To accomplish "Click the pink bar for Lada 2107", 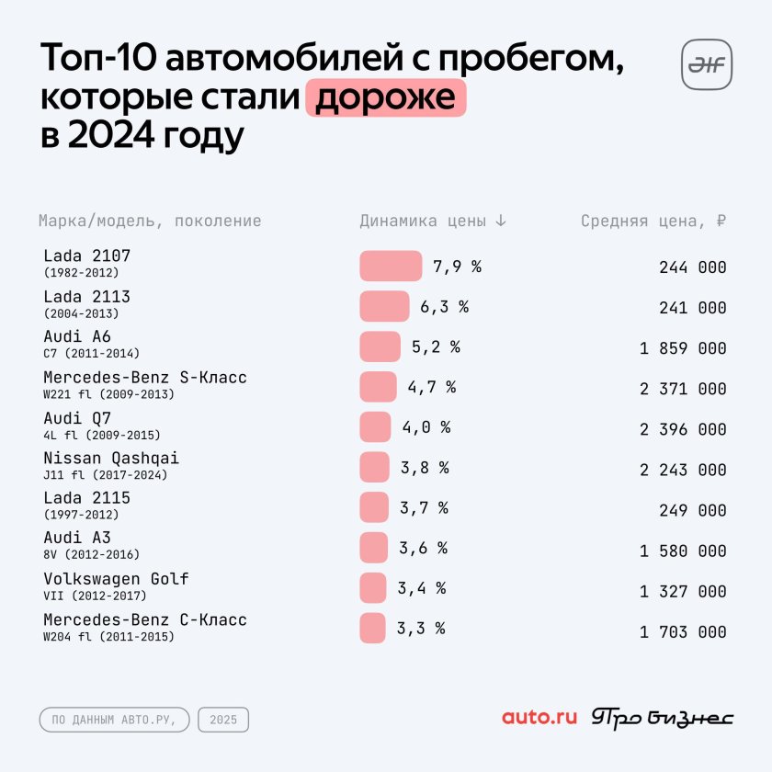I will point(391,267).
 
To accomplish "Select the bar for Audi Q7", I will point(375,427).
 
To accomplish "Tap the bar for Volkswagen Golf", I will point(373,588).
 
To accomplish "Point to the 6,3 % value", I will point(445,307).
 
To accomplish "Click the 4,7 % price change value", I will point(432,387).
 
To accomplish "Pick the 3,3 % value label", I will point(421,629).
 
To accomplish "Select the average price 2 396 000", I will point(683,429).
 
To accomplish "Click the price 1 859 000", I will point(683,348).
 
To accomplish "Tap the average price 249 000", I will point(692,510).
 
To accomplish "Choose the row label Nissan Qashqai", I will point(111,458).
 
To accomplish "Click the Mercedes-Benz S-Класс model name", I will point(145,378).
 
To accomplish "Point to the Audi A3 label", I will point(77,539).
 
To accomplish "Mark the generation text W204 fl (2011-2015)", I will point(108,637).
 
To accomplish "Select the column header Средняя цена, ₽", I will point(653,221).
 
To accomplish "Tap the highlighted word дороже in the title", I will point(386,97).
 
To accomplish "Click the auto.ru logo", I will point(539,718).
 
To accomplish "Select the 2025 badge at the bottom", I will point(223,720).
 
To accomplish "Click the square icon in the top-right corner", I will point(706,64).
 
